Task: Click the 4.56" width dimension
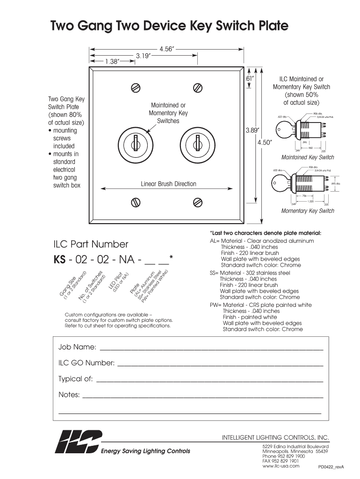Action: [x=166, y=49]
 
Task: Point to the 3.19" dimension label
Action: [x=143, y=55]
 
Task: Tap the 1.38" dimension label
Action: [x=112, y=61]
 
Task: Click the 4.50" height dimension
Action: [x=265, y=143]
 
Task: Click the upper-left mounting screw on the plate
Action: [x=136, y=88]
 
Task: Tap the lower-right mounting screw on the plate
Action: [x=198, y=202]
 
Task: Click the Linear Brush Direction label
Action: [x=168, y=184]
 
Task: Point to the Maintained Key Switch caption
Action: [x=307, y=157]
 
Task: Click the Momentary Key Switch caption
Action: [x=307, y=211]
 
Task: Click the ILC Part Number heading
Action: [x=92, y=244]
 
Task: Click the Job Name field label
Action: [x=77, y=347]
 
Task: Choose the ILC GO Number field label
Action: [x=86, y=363]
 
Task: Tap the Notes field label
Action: [x=69, y=395]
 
